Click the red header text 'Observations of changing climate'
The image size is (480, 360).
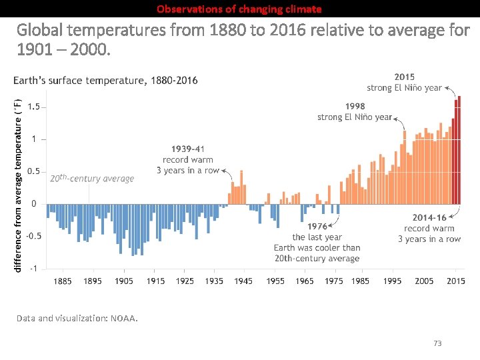click(239, 9)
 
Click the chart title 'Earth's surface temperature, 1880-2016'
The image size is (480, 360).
click(105, 81)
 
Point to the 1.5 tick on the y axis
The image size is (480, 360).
click(33, 107)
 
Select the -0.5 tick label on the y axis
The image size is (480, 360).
click(33, 236)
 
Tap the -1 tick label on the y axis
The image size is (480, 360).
click(33, 268)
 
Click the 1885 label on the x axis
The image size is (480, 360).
click(63, 281)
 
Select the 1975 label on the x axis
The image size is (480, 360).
click(334, 281)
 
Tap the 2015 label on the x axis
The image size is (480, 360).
click(455, 281)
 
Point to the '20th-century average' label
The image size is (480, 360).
click(92, 178)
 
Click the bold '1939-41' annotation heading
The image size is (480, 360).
click(188, 149)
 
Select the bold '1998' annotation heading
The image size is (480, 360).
click(355, 106)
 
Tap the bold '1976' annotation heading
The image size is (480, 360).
click(317, 227)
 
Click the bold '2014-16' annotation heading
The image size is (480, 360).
click(429, 217)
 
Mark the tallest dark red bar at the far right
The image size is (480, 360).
click(459, 150)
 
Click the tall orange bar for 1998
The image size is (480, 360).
click(404, 167)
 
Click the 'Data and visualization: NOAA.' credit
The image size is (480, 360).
click(77, 318)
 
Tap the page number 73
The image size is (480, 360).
click(437, 343)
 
